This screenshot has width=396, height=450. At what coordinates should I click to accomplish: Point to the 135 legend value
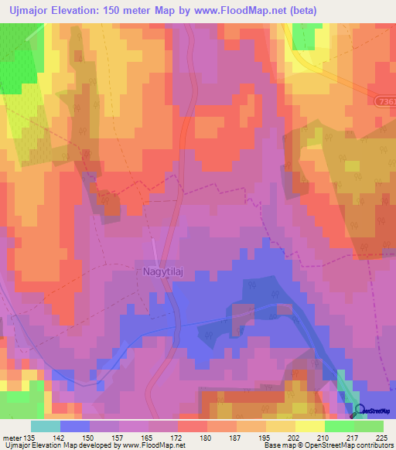[30, 438]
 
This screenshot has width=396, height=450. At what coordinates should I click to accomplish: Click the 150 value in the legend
[90, 438]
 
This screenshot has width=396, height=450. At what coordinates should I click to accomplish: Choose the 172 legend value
[177, 438]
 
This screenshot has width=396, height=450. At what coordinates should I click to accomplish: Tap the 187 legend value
[237, 438]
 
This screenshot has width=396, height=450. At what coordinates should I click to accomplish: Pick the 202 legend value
[295, 438]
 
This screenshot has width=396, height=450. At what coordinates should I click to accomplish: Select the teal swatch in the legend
[46, 426]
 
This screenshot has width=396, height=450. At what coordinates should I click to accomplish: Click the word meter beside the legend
[12, 438]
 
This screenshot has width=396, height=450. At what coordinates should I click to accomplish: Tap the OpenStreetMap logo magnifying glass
[360, 411]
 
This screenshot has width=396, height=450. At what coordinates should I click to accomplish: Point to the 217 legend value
[354, 438]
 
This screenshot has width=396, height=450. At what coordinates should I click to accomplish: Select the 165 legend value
[148, 438]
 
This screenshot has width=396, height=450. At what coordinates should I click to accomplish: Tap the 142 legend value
[60, 438]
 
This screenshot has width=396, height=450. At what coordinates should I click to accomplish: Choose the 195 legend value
[266, 438]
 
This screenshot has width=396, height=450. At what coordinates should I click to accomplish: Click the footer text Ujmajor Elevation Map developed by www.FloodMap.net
[94, 446]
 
